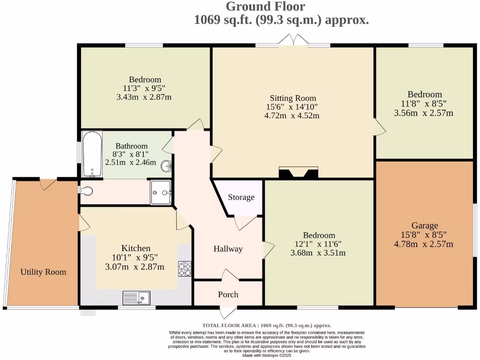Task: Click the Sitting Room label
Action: coord(293,98)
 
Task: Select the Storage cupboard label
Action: coord(241,197)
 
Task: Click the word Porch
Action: coord(228,294)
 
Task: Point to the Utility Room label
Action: coord(43,272)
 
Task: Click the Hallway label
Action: coord(228,249)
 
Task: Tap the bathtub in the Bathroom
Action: coord(92,154)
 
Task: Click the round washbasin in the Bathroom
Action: coord(166,166)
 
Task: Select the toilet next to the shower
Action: coord(87,191)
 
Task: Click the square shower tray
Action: coord(161,192)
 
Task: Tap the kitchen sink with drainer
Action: coord(136,298)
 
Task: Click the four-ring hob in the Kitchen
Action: coord(185,268)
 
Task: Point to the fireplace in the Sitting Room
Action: coord(299,173)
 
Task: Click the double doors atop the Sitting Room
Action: coord(292,41)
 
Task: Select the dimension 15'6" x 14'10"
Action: coord(292,107)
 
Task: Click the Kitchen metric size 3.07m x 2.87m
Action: coord(135,267)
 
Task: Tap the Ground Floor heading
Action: coord(265,7)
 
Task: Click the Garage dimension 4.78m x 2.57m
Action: coord(424,244)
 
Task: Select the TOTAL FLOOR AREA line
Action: coord(267,325)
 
